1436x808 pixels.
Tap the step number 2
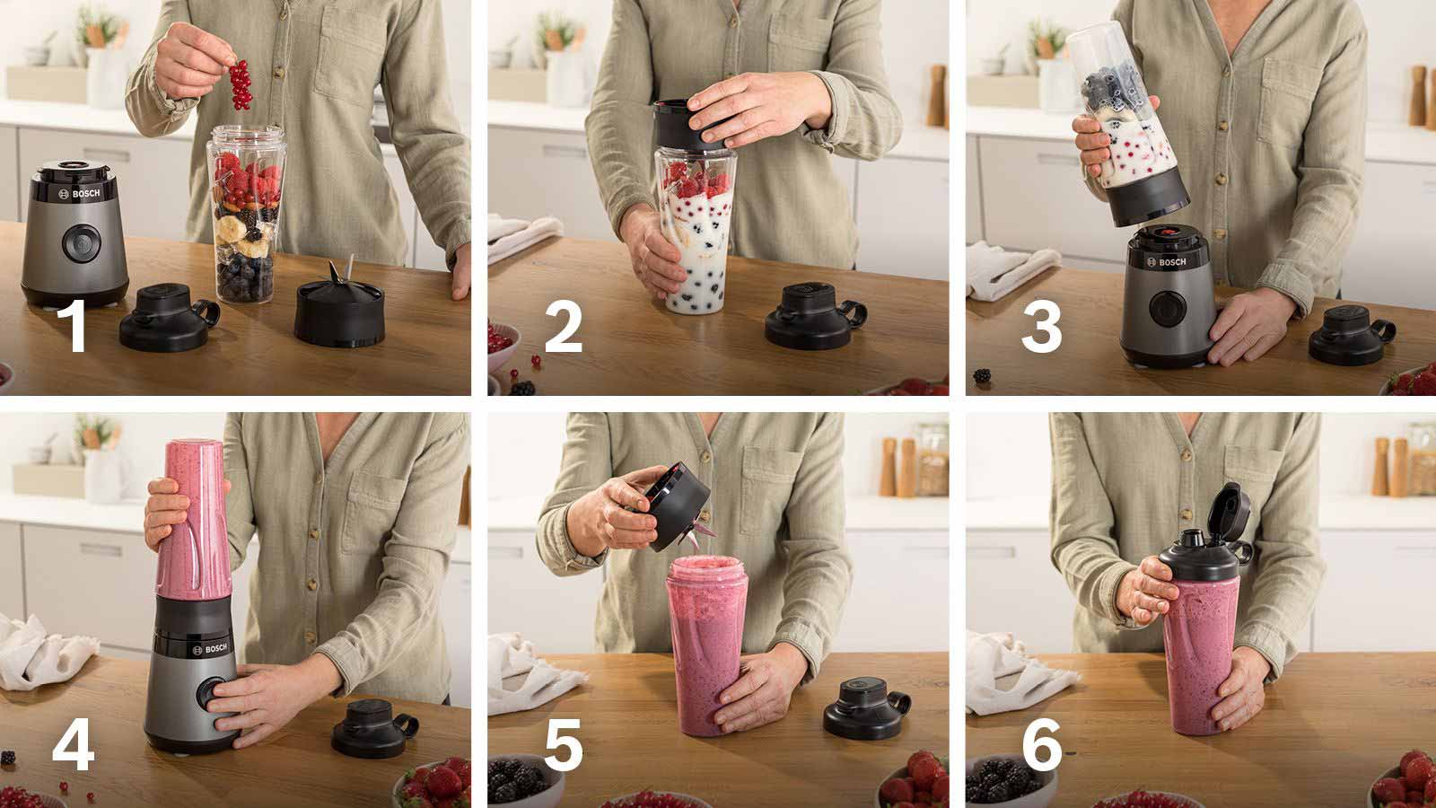tap(564, 326)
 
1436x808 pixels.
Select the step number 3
tap(1041, 327)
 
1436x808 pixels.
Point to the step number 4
tap(73, 743)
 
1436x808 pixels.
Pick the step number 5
tap(564, 744)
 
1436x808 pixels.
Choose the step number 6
tap(1042, 744)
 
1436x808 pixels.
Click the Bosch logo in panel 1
tap(79, 194)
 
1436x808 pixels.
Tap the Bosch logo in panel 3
tap(1166, 261)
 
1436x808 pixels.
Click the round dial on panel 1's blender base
tap(82, 243)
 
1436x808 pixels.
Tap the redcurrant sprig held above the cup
tap(241, 84)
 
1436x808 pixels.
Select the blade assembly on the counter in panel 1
tap(339, 308)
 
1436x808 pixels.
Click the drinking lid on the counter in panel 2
tap(814, 315)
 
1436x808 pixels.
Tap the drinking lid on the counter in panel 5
tap(866, 708)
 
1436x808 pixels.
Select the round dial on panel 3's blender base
tap(1167, 309)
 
